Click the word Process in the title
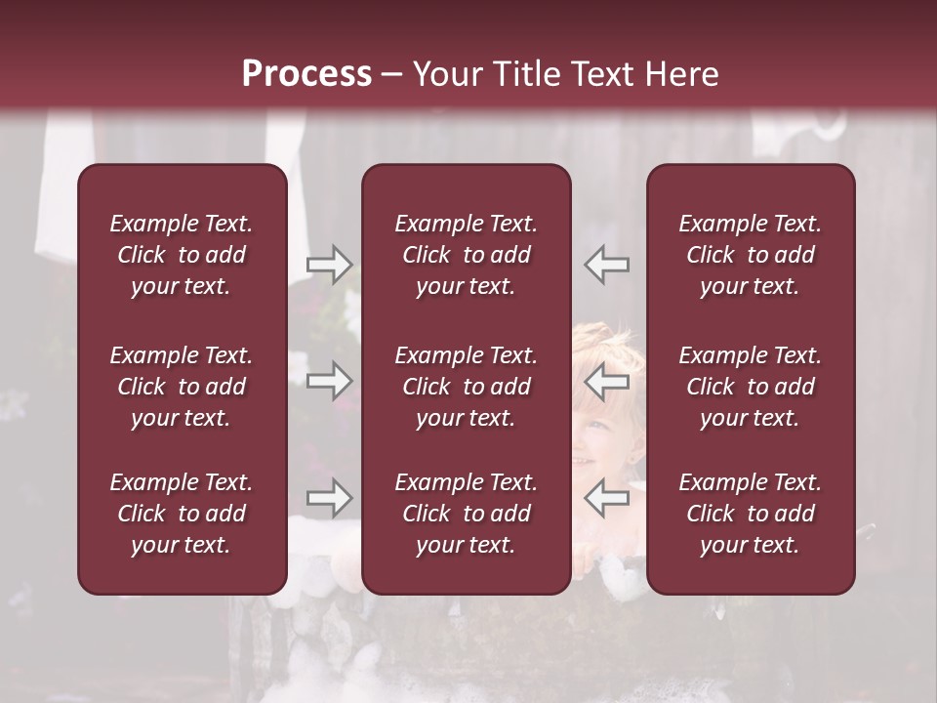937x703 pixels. (306, 74)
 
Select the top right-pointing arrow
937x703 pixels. (330, 265)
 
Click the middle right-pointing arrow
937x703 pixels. (330, 381)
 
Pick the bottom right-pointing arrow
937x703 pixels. (330, 498)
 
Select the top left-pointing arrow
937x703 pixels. (607, 265)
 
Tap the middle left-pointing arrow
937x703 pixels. (607, 381)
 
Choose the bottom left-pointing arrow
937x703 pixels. (607, 498)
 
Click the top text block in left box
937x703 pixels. (182, 255)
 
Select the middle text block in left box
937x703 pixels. (182, 387)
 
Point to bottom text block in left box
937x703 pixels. (182, 514)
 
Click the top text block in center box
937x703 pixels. (466, 255)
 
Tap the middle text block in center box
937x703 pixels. (466, 387)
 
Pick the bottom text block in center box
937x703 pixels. (466, 514)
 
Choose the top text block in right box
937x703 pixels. (750, 255)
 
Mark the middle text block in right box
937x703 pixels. (750, 387)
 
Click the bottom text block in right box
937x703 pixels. (750, 514)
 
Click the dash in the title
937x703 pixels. (391, 75)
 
